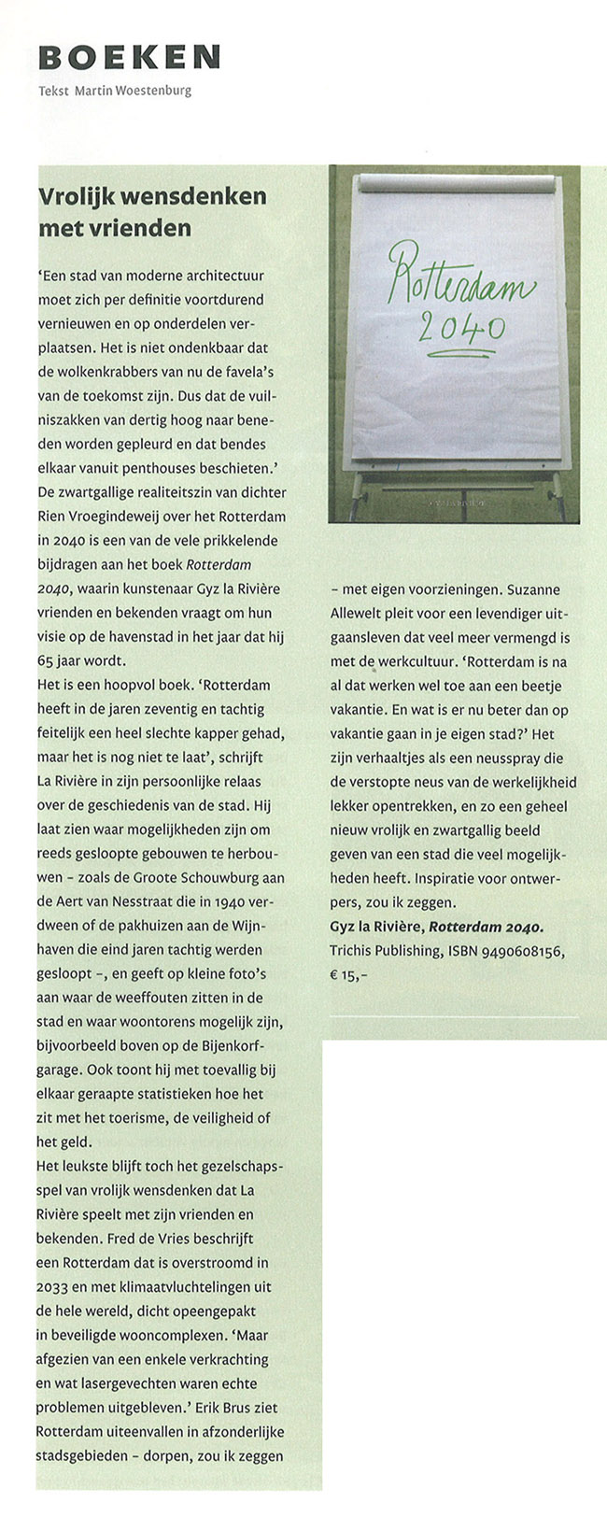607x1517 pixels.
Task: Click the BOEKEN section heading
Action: (x=129, y=57)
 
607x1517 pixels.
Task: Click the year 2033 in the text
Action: (x=54, y=1287)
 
